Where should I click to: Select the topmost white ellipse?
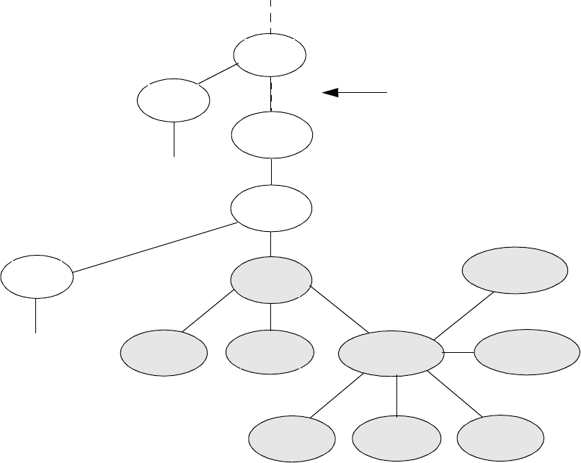coord(270,54)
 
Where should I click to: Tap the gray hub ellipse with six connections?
coord(391,354)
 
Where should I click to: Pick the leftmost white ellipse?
coord(37,275)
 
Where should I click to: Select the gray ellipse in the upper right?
coord(513,270)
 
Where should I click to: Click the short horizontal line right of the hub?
coord(458,352)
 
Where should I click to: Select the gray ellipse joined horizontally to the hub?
coord(527,352)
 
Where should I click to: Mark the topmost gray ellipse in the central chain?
coord(270,280)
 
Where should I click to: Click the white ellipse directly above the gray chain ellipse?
coord(271,210)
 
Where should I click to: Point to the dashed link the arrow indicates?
coord(271,94)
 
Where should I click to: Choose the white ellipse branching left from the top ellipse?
coord(174,100)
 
